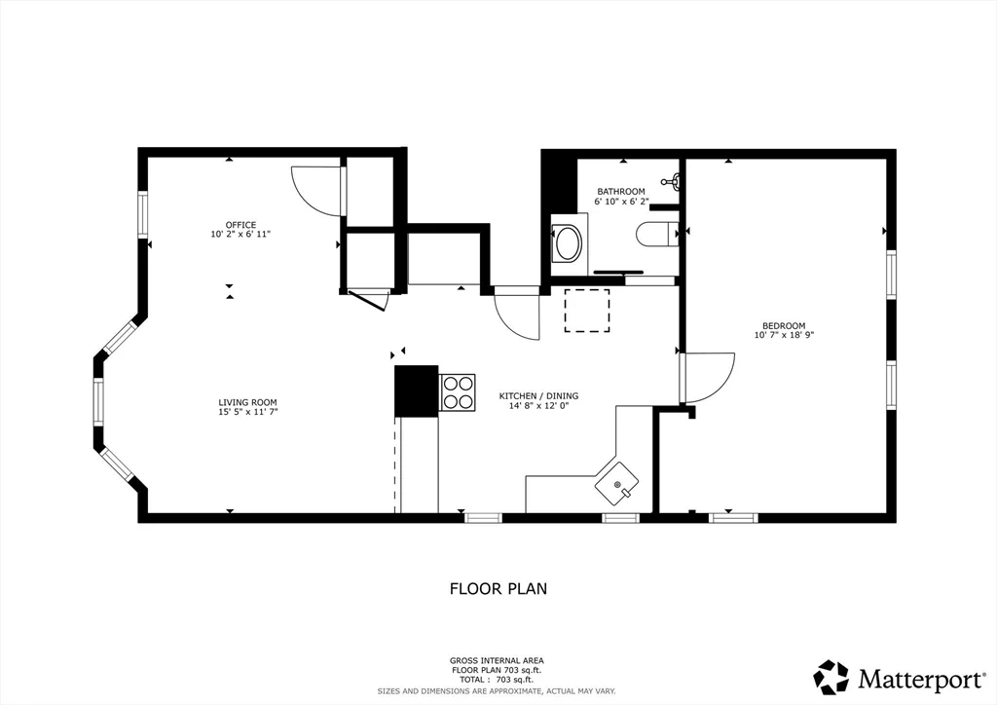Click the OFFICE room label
[240, 225]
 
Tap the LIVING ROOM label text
[247, 402]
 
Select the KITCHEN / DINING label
[538, 396]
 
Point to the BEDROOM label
[783, 326]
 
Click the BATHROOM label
[621, 191]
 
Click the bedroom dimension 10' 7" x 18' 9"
[783, 336]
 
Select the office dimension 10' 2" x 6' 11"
[240, 235]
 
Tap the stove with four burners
[458, 392]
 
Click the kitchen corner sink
[618, 482]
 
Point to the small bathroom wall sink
[671, 180]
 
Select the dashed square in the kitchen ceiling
[587, 311]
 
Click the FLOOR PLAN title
[498, 588]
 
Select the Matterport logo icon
[831, 677]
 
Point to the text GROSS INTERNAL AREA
[498, 660]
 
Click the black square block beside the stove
[416, 390]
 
